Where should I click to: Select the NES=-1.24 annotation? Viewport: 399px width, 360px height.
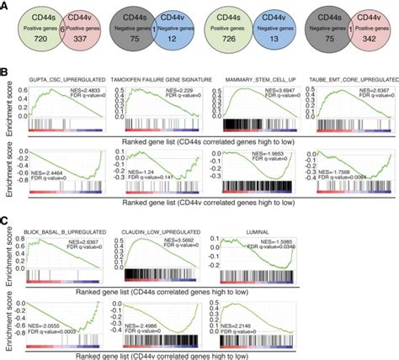[149, 171]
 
